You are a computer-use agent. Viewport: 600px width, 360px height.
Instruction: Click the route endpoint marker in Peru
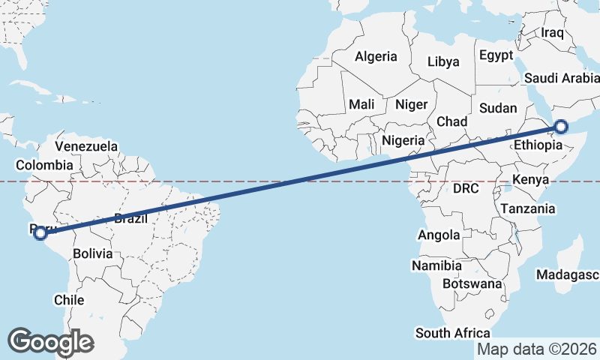click(x=41, y=234)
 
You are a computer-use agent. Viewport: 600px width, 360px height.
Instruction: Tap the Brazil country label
click(x=130, y=218)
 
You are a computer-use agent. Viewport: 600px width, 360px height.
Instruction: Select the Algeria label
click(x=375, y=56)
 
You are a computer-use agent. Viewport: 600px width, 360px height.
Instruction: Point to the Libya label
click(x=443, y=62)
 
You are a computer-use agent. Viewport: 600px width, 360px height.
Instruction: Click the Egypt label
click(x=496, y=55)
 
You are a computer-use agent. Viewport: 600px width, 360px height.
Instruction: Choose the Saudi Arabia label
click(x=562, y=78)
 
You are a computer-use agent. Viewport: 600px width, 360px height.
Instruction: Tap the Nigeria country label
click(x=403, y=140)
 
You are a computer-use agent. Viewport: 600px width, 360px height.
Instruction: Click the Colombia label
click(x=44, y=165)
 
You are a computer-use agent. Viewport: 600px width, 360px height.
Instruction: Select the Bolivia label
click(x=93, y=253)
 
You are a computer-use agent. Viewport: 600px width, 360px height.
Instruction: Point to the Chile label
click(x=68, y=299)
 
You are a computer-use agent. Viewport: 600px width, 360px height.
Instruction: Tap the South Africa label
click(x=453, y=333)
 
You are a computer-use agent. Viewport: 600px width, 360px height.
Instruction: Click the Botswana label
click(x=472, y=284)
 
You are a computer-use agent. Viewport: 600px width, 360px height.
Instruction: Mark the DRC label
click(x=466, y=188)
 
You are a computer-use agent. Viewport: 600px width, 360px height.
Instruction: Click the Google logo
click(x=50, y=342)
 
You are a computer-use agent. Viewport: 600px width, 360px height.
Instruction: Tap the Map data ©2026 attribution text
click(x=537, y=349)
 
